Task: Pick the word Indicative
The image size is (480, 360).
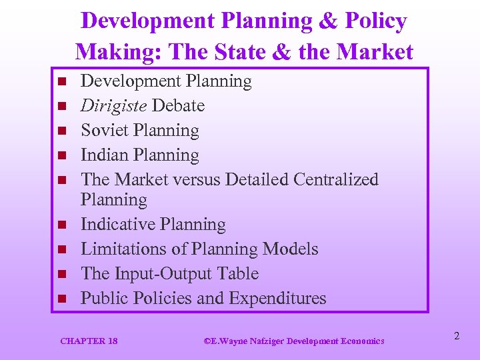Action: pyautogui.click(x=115, y=225)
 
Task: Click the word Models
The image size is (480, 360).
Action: pyautogui.click(x=291, y=249)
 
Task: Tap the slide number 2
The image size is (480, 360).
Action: pyautogui.click(x=456, y=337)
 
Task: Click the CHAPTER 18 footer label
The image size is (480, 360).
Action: pyautogui.click(x=89, y=341)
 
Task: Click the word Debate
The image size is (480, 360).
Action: pyautogui.click(x=178, y=106)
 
